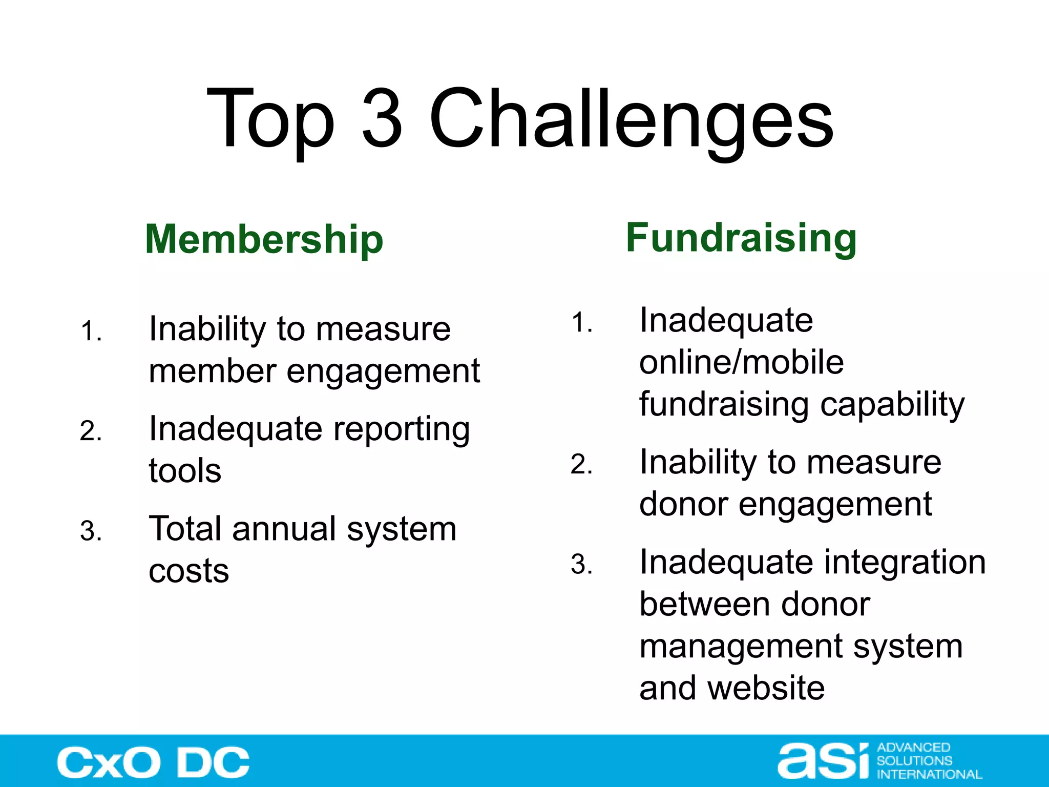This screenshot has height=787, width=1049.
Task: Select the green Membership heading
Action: [264, 240]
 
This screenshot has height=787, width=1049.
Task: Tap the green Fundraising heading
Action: [741, 238]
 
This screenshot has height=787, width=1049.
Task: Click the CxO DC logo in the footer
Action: [153, 762]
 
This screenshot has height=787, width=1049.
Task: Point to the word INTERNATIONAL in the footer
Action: [929, 774]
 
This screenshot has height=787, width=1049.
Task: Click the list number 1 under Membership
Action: [91, 331]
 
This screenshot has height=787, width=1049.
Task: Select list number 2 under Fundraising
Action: [581, 465]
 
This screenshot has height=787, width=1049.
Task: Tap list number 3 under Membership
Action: [91, 531]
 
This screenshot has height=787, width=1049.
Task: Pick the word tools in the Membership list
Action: [185, 471]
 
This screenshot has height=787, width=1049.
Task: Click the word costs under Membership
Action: [188, 571]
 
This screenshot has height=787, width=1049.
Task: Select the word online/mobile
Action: [741, 362]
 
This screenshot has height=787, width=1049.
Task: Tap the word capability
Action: [892, 405]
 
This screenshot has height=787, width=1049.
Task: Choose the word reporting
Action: [402, 429]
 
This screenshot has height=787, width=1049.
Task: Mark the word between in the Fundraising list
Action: [705, 604]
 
